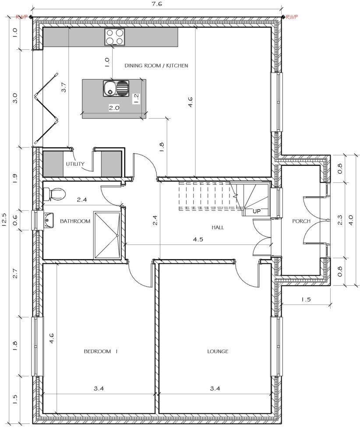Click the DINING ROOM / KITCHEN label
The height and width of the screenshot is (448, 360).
point(156,66)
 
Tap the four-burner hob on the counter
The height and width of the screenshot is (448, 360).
point(114,37)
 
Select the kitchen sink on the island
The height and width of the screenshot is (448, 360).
point(116,88)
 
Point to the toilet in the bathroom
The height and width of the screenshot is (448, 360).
point(54,193)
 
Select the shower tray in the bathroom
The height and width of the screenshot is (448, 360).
point(107,235)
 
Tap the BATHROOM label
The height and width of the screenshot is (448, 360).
point(75,221)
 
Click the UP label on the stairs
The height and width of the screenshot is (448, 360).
point(257,211)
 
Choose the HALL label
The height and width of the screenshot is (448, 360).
point(218,227)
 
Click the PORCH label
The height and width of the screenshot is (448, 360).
point(301,221)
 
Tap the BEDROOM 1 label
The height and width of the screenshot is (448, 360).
point(101,351)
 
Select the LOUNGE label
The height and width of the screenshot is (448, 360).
point(218,351)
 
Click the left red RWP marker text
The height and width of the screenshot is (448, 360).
point(21,17)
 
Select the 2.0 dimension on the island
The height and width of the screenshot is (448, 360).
point(114,108)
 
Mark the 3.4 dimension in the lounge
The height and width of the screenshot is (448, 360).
point(215,388)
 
